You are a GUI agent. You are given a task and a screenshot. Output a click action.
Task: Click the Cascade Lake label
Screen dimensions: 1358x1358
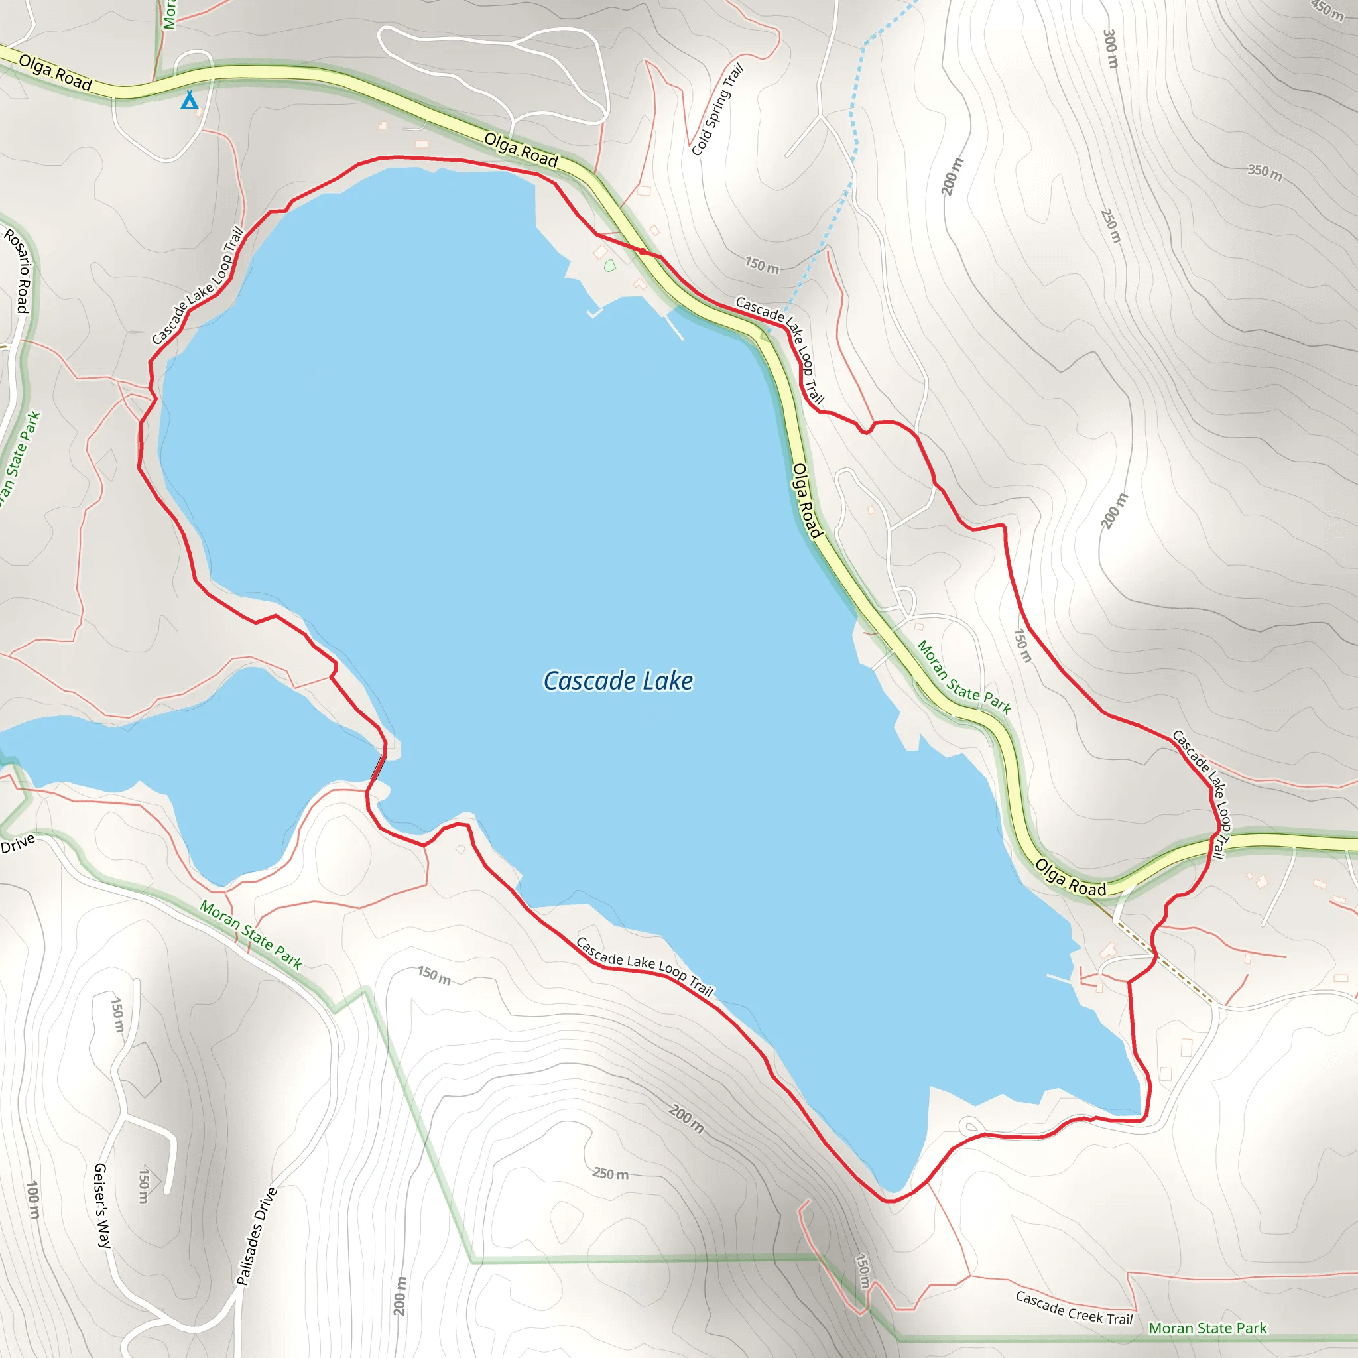(618, 680)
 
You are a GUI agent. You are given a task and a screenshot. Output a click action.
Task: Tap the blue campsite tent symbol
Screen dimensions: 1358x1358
(189, 100)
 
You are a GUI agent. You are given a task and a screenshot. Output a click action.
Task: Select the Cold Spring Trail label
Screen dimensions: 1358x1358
(717, 109)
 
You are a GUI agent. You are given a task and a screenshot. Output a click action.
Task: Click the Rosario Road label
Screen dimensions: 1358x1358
(19, 270)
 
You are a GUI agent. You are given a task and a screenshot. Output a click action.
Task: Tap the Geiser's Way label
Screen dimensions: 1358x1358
(102, 1205)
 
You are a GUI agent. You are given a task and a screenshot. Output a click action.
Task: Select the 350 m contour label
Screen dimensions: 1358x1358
(1265, 172)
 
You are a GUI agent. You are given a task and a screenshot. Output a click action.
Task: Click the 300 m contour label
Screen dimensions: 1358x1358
(1110, 48)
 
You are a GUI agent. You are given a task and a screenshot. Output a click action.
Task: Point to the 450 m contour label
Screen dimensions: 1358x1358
(1327, 10)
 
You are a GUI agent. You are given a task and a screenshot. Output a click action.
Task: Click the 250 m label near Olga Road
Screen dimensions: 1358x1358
(1110, 225)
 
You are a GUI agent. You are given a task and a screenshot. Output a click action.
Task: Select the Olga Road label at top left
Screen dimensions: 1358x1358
(55, 72)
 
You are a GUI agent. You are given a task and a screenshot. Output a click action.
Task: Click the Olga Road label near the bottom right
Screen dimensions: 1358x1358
(1070, 878)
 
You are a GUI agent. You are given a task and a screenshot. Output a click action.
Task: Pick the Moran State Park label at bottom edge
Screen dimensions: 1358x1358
(1207, 1327)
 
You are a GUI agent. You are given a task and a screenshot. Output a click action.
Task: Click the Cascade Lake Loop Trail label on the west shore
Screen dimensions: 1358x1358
(197, 286)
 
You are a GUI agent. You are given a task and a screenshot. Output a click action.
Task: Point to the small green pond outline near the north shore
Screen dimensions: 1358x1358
(609, 266)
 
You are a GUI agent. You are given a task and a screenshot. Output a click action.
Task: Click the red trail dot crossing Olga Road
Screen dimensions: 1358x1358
(642, 251)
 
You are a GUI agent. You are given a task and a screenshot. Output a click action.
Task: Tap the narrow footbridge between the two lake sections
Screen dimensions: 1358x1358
(378, 765)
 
